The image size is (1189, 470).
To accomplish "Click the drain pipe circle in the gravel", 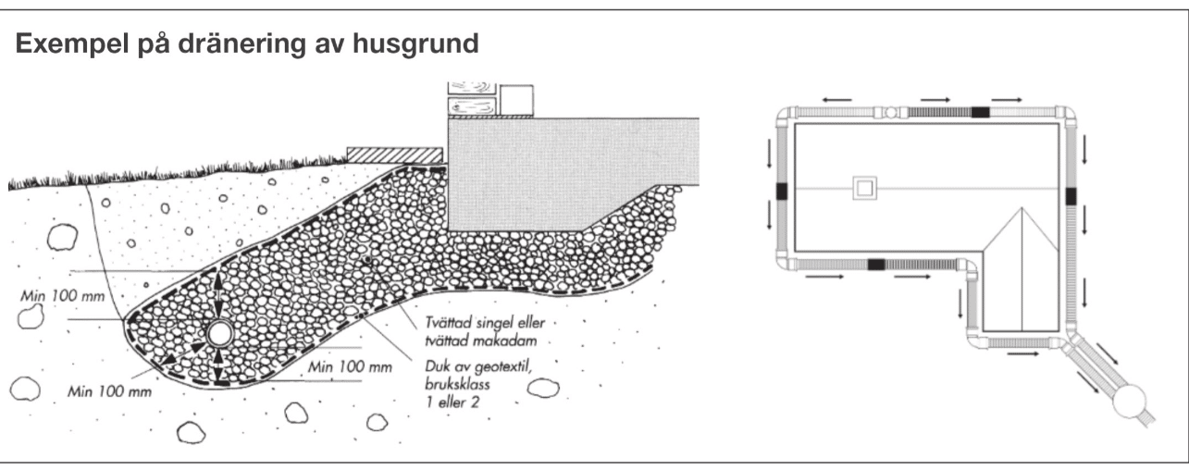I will (219, 334).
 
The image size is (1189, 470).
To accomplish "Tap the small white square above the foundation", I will (517, 99).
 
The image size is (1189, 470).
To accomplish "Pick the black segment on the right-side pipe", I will (1071, 195).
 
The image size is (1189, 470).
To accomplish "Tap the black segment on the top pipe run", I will (980, 112).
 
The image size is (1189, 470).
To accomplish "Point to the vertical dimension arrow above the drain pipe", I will (219, 294).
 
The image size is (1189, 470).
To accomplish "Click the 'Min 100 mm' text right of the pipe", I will (351, 367).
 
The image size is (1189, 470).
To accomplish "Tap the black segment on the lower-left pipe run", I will (876, 265).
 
